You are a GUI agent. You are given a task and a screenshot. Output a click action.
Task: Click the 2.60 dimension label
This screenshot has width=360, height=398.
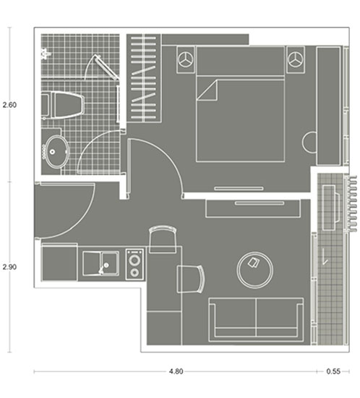9,105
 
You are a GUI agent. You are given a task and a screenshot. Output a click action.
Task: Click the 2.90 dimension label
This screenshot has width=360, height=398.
9,267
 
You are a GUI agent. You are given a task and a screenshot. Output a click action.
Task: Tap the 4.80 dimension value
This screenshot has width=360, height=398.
176,371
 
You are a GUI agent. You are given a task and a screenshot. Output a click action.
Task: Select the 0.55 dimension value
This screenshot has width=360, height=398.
333,371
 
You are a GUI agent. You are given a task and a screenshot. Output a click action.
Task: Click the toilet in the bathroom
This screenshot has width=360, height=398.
64,106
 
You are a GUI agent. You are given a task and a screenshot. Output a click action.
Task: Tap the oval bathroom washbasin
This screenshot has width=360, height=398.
56,151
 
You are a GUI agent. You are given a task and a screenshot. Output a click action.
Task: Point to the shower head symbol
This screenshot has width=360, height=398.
46,54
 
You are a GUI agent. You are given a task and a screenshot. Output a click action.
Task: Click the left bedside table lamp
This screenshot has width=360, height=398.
186,59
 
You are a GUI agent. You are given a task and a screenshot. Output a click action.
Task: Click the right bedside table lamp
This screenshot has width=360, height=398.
296,59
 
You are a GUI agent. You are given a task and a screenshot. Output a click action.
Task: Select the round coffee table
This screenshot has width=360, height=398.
254,270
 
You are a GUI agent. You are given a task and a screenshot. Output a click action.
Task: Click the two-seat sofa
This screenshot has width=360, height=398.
256,320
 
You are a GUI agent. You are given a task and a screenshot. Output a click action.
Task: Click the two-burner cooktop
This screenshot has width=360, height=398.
134,264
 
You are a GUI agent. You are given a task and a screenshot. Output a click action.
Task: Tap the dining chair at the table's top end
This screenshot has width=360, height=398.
163,240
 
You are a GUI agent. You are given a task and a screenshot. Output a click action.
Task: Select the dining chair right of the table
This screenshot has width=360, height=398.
191,279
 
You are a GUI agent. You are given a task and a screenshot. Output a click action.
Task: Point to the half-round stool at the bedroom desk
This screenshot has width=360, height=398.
309,142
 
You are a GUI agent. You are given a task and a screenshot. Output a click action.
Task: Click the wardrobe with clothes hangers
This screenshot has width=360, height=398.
144,78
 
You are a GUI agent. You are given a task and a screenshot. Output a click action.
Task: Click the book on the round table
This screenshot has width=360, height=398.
253,262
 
